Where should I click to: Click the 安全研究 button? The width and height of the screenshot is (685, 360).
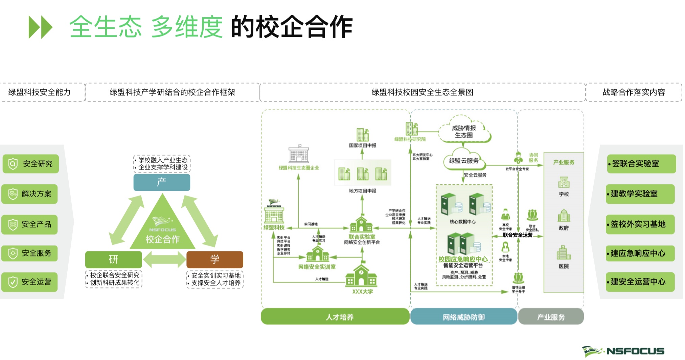(31, 164)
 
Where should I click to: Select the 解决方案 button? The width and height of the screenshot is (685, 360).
(30, 194)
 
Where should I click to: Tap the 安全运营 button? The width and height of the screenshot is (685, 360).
(30, 282)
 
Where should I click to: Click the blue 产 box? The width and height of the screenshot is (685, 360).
(162, 182)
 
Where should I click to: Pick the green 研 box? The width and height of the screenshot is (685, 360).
(114, 260)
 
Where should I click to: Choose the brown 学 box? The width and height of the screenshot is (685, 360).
(215, 260)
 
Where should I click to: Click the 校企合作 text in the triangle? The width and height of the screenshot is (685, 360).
(162, 239)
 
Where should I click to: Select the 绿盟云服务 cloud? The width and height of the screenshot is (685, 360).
(464, 161)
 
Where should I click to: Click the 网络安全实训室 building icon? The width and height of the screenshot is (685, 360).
(317, 254)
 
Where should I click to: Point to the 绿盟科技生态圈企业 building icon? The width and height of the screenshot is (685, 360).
(298, 155)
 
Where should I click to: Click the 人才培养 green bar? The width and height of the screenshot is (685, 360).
(335, 317)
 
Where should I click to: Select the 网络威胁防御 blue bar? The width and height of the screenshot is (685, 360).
(464, 317)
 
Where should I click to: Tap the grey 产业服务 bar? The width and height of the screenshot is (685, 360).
(551, 317)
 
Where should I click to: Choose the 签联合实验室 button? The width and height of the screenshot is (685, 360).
(641, 164)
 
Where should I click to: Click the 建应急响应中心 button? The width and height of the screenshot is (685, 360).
(640, 253)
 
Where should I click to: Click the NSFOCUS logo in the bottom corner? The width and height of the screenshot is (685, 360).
(623, 351)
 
